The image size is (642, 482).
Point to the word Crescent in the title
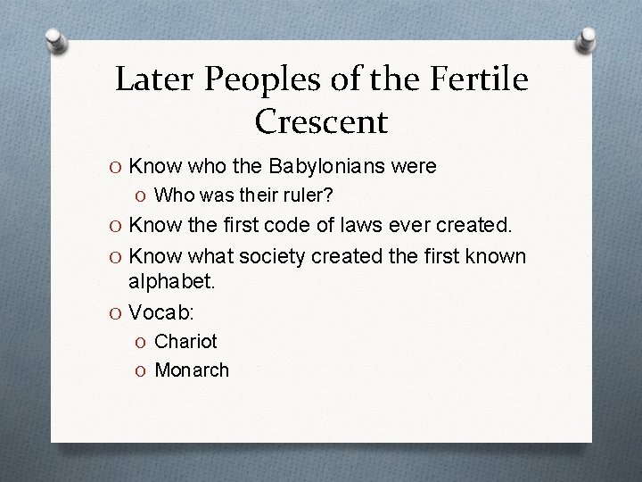pyautogui.click(x=321, y=120)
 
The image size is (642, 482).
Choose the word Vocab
pyautogui.click(x=161, y=312)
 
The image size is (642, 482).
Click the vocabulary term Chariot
pyautogui.click(x=185, y=341)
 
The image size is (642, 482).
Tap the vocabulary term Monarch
pyautogui.click(x=192, y=369)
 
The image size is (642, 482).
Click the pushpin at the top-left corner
pyautogui.click(x=58, y=40)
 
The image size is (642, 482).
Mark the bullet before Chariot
pyautogui.click(x=144, y=342)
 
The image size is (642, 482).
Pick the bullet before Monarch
pyautogui.click(x=144, y=370)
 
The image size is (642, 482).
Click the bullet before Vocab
pyautogui.click(x=117, y=312)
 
